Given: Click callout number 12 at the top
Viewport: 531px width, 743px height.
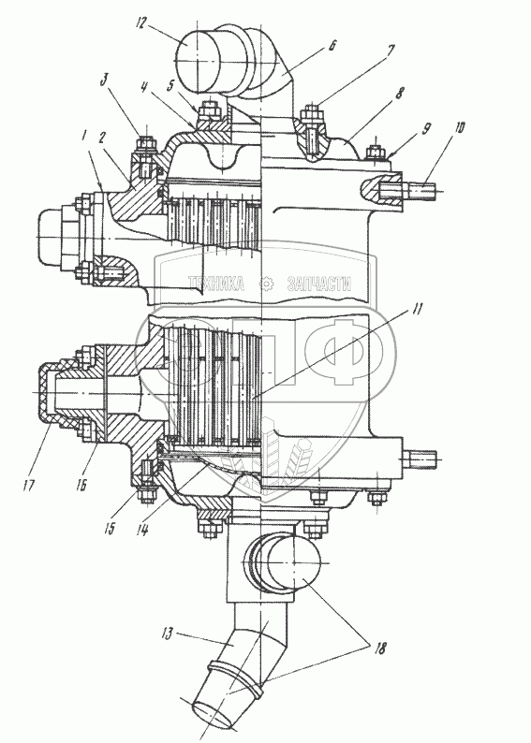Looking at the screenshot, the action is (x=140, y=22).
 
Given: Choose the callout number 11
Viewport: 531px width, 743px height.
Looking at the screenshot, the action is (x=416, y=309).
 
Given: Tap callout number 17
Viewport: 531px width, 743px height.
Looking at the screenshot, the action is (x=29, y=486).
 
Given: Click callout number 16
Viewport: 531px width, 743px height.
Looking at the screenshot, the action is (x=81, y=487).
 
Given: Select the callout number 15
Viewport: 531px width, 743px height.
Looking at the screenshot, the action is (x=110, y=528).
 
